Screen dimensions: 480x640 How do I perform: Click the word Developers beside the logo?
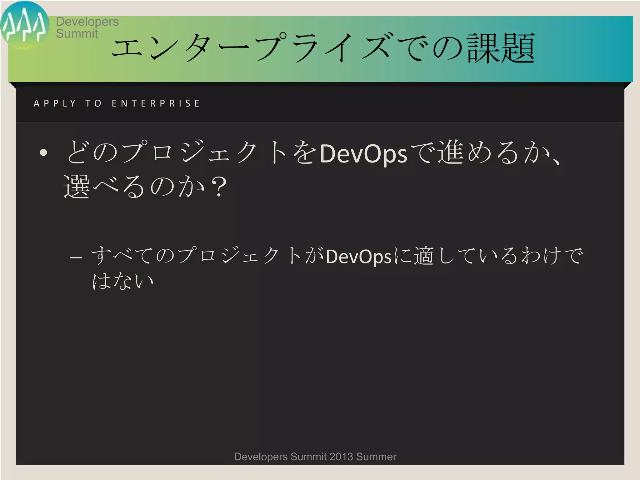tap(87, 22)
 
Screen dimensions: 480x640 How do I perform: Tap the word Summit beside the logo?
tap(77, 33)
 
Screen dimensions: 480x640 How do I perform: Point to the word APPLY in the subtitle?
tap(55, 103)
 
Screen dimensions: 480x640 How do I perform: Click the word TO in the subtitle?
tap(93, 103)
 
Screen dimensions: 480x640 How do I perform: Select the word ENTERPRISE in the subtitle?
tap(156, 103)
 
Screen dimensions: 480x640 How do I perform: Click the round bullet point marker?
tap(43, 152)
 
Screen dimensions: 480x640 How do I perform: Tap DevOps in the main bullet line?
tap(363, 154)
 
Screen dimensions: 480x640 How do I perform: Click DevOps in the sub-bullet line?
tap(358, 257)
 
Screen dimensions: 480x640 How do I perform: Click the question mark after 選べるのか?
tap(219, 187)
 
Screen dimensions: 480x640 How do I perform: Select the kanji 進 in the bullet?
tap(450, 152)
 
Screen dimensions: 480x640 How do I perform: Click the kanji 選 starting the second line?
tap(77, 187)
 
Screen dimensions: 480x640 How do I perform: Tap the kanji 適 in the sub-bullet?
tap(424, 256)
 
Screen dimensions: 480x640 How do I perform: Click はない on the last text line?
tap(122, 281)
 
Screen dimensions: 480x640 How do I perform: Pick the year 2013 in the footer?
tap(341, 457)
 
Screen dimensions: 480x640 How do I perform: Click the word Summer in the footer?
tap(376, 457)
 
